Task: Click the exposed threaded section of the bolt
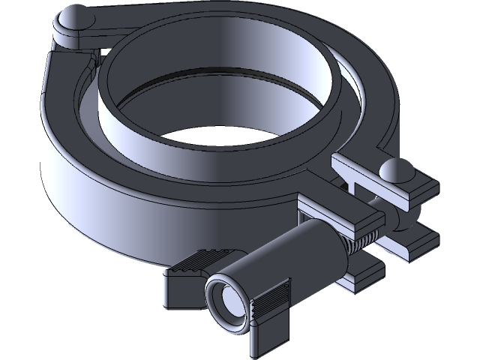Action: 359,243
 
